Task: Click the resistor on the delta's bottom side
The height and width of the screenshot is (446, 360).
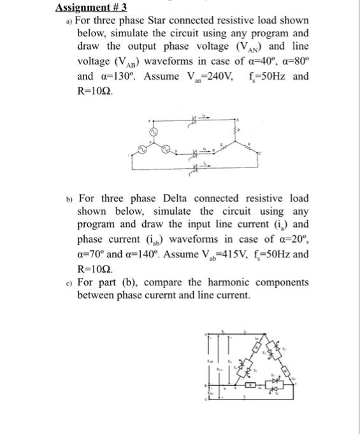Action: click(x=250, y=385)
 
